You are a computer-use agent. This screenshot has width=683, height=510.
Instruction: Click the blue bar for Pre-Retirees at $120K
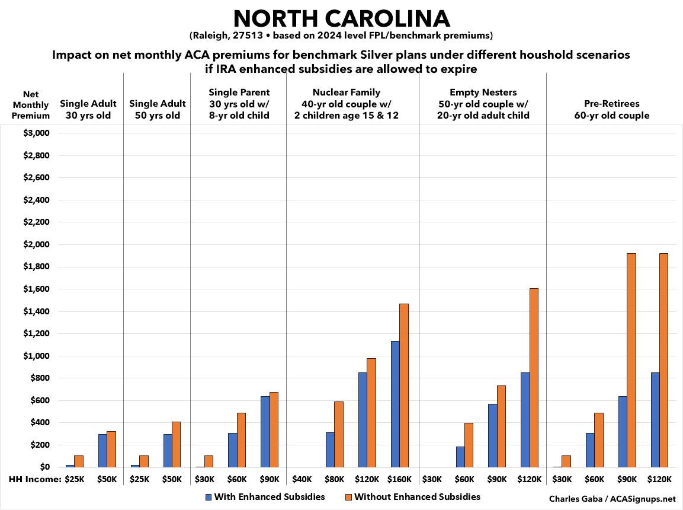(x=655, y=420)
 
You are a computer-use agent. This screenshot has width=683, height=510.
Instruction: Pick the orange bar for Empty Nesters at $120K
(x=534, y=378)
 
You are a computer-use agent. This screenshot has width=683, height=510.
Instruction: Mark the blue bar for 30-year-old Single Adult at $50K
(x=102, y=451)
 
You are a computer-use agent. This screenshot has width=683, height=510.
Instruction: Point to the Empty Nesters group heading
(x=482, y=104)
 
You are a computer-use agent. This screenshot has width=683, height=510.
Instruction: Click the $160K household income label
(x=399, y=479)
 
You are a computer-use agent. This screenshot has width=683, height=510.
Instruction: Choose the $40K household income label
(x=302, y=479)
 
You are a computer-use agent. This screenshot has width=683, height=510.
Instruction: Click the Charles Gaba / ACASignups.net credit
(x=612, y=499)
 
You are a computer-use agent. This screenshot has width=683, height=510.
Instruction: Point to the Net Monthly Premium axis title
(x=31, y=105)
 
